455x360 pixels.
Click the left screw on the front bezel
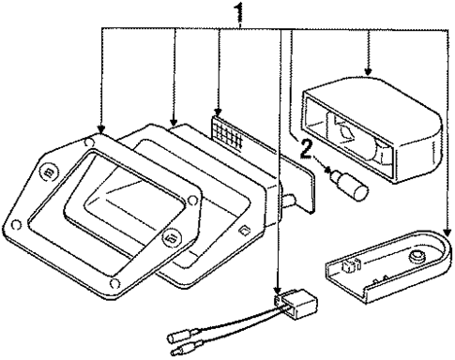pyautogui.click(x=48, y=172)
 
